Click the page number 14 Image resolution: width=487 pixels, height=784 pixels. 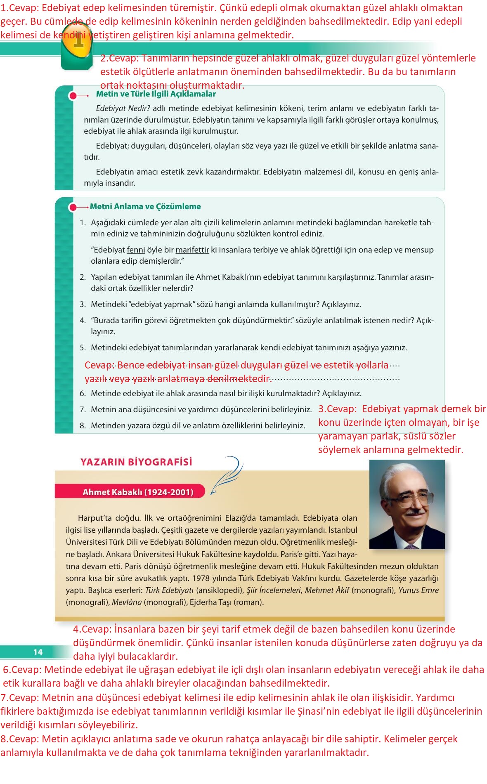point(38,652)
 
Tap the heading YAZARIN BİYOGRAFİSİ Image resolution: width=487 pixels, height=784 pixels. point(136,462)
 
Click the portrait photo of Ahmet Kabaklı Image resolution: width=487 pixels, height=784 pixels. point(407,504)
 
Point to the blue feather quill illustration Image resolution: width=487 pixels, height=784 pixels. point(227,474)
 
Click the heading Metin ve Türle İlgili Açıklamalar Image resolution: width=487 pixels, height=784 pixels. point(156,94)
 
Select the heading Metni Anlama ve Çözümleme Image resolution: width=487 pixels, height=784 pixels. point(145,206)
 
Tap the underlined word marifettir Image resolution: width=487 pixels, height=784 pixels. point(192,250)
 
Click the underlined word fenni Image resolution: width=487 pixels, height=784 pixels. point(136,250)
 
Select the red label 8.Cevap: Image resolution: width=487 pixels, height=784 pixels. point(19,739)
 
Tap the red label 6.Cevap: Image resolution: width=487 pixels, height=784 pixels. point(22,669)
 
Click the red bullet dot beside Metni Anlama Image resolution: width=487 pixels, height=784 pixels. point(73,207)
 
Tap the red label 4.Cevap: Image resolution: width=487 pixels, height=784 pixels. point(92,629)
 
